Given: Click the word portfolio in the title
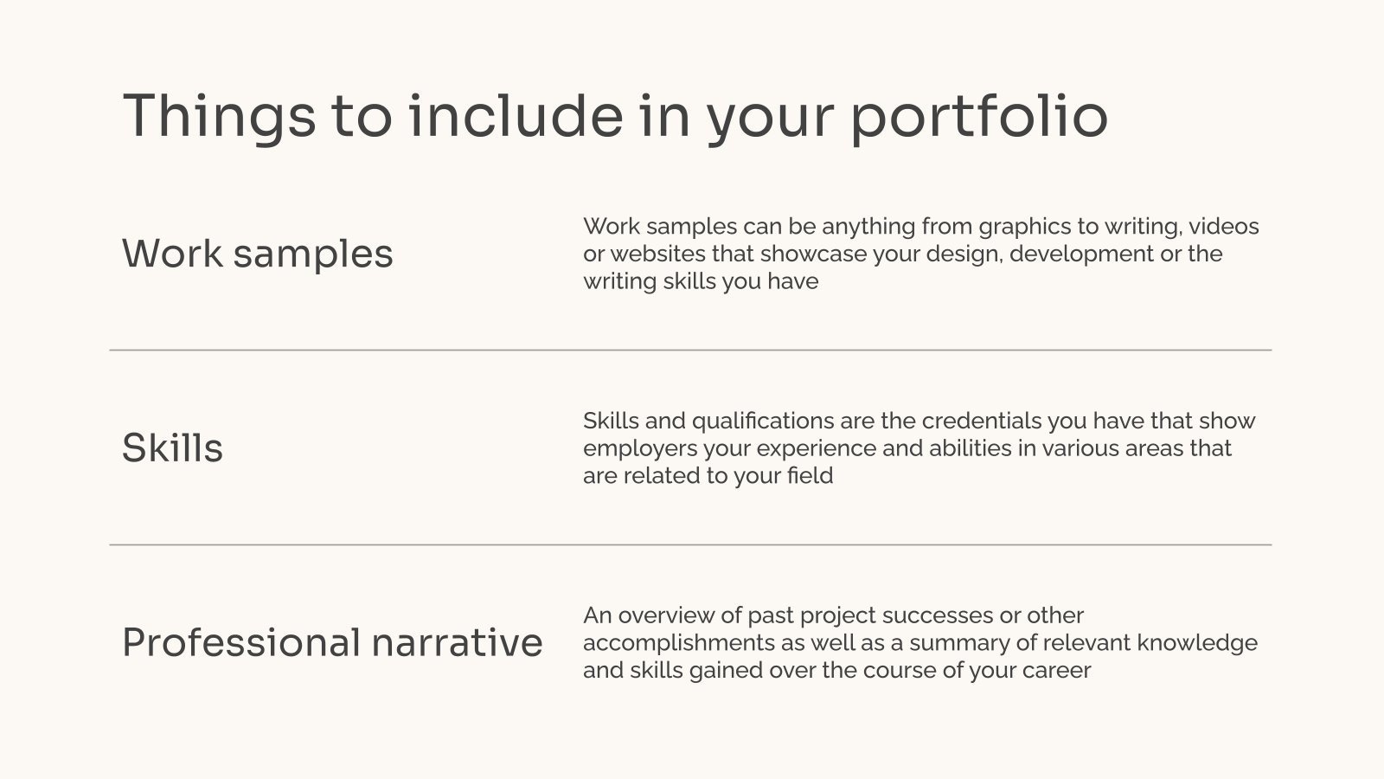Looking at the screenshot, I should pyautogui.click(x=978, y=118).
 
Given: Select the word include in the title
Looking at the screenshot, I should pyautogui.click(x=515, y=116).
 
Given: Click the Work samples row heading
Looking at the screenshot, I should pyautogui.click(x=257, y=254).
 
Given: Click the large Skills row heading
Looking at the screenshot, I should pyautogui.click(x=172, y=448).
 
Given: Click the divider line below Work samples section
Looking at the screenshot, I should pyautogui.click(x=690, y=351).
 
